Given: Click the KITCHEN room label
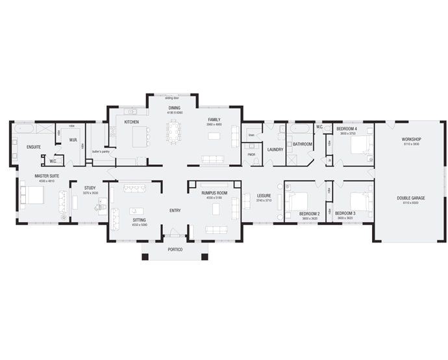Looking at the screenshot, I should click(x=132, y=122).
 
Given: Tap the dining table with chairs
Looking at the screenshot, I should click(x=174, y=133).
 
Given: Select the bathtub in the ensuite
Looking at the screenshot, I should click(x=27, y=129).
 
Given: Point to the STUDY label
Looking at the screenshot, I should click(x=90, y=188).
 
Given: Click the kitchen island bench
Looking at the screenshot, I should click(x=140, y=136).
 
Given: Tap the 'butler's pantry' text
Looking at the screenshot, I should click(x=101, y=151).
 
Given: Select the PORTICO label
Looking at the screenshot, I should click(x=175, y=250).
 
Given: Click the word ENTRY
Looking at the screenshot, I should click(x=175, y=211).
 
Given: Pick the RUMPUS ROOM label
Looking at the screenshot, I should click(x=214, y=193).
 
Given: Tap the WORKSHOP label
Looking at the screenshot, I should click(x=412, y=140).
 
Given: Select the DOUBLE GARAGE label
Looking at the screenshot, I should click(x=412, y=199).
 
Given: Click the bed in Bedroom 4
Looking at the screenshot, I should click(x=358, y=144).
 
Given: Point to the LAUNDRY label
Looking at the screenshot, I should click(x=274, y=150).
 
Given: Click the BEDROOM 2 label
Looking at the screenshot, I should click(x=309, y=213).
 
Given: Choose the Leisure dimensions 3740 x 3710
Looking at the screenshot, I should click(x=264, y=201).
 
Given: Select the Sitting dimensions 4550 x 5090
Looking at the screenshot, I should click(x=139, y=225).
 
